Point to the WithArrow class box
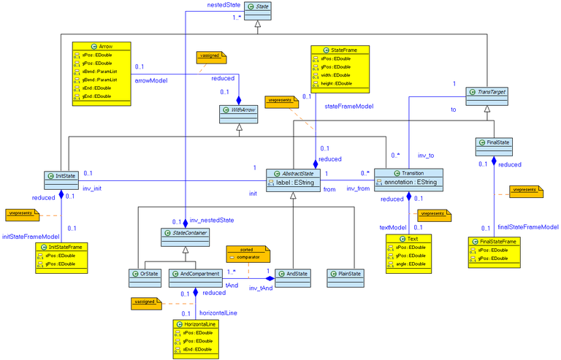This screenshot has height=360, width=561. [240, 110]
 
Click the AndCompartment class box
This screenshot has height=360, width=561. [195, 275]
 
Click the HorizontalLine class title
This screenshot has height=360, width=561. [198, 323]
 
